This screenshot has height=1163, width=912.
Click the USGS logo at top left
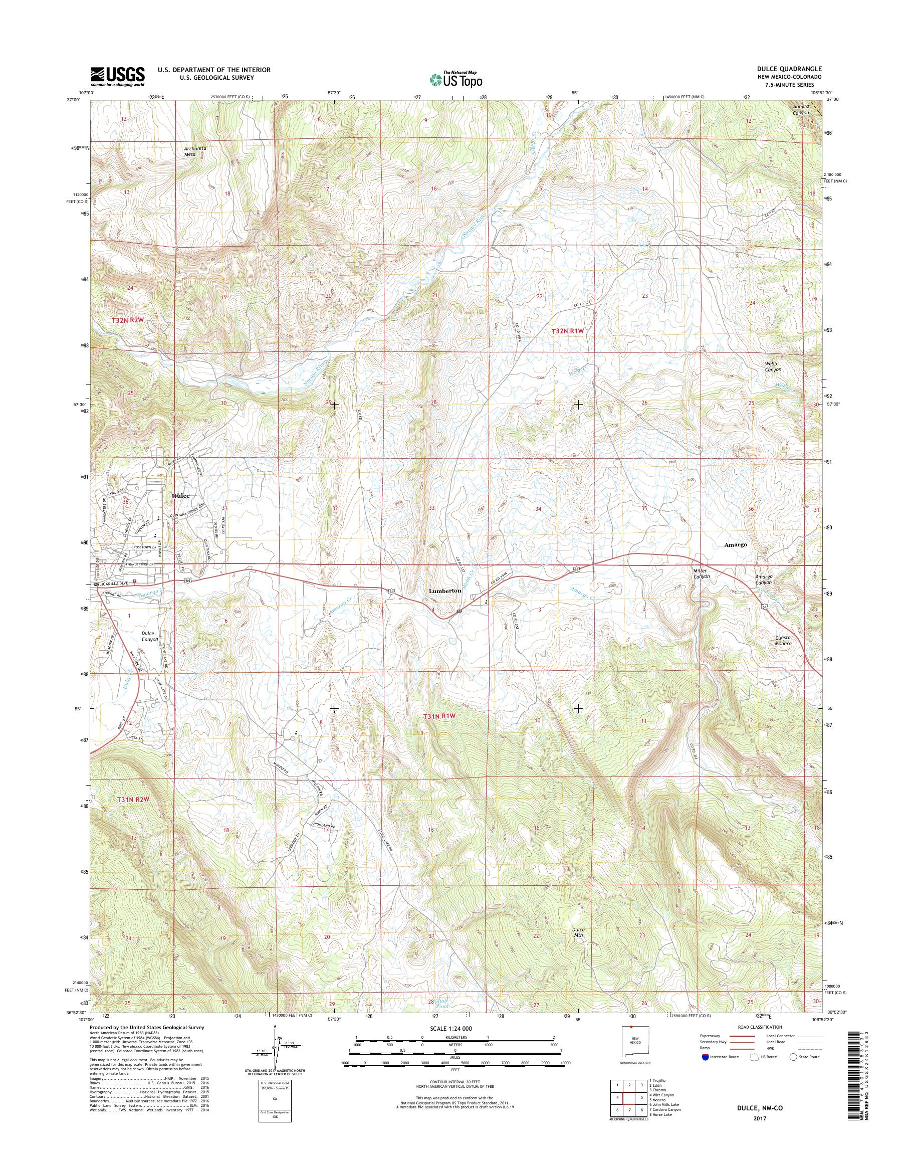click(118, 76)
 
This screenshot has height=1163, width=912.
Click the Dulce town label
click(181, 496)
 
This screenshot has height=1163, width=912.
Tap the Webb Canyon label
click(773, 366)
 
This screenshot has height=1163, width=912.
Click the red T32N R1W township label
click(568, 331)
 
